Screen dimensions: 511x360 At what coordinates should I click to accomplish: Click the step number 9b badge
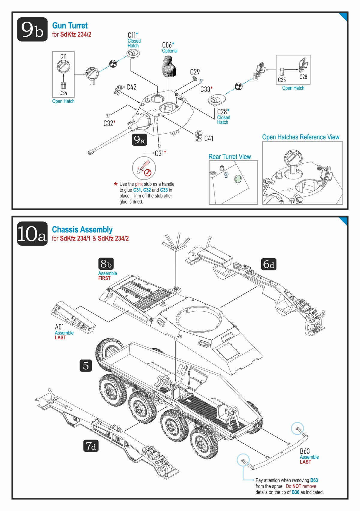(32, 29)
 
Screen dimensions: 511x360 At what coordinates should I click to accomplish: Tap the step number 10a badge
(32, 234)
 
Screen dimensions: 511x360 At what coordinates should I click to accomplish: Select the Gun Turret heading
(70, 26)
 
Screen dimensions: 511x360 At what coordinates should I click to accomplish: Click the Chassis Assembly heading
(82, 230)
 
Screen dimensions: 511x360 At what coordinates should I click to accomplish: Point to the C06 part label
(168, 45)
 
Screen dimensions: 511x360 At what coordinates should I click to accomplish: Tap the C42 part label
(131, 87)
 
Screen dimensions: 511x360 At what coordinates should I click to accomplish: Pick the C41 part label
(208, 138)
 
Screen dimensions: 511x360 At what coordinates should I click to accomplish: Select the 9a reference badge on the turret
(139, 140)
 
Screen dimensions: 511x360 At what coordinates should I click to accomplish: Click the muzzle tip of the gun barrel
(90, 153)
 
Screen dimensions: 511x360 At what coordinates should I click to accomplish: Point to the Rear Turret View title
(229, 157)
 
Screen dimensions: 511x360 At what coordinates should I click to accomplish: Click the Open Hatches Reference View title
(301, 137)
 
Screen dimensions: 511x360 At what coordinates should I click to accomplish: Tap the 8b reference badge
(106, 264)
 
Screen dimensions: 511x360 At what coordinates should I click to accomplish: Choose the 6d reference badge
(268, 265)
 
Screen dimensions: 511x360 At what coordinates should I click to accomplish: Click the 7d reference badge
(91, 446)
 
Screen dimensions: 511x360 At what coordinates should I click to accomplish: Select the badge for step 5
(86, 365)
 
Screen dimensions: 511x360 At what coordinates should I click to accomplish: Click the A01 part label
(59, 327)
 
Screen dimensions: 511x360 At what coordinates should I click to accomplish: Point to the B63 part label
(305, 451)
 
